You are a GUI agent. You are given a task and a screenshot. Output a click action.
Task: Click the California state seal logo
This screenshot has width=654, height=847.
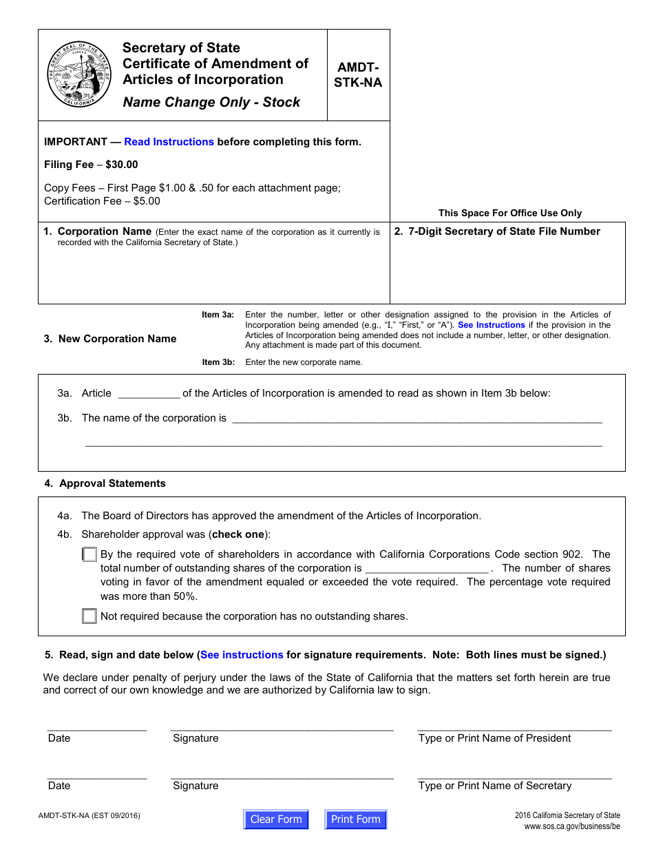click(x=79, y=74)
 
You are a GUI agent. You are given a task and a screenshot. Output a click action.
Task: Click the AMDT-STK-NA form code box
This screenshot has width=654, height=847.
click(x=358, y=75)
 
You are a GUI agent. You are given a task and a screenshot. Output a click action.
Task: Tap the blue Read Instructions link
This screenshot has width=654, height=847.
click(x=169, y=142)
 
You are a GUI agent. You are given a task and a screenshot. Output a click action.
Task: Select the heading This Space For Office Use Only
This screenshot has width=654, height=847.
click(x=509, y=213)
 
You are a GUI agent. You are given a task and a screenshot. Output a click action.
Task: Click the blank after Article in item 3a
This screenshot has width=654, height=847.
click(x=149, y=394)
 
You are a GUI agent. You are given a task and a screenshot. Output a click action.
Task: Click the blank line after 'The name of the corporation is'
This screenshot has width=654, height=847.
click(x=416, y=419)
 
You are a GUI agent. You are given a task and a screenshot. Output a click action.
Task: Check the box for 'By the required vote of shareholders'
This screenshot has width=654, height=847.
click(x=89, y=554)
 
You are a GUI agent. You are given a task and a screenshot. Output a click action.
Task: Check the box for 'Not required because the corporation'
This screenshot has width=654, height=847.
click(x=89, y=616)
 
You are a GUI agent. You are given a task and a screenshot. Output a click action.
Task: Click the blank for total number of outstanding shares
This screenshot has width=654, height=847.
click(x=426, y=569)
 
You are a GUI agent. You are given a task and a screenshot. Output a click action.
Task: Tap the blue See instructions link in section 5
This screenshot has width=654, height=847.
click(x=242, y=655)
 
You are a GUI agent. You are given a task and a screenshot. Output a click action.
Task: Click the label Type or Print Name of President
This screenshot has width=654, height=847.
click(x=494, y=738)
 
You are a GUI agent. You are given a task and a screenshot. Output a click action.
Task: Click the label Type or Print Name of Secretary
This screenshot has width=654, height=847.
click(x=494, y=786)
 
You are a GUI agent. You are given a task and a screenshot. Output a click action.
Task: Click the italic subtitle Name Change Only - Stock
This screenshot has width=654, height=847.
click(x=211, y=103)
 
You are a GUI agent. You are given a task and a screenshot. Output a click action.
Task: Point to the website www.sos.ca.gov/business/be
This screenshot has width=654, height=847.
click(x=571, y=826)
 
